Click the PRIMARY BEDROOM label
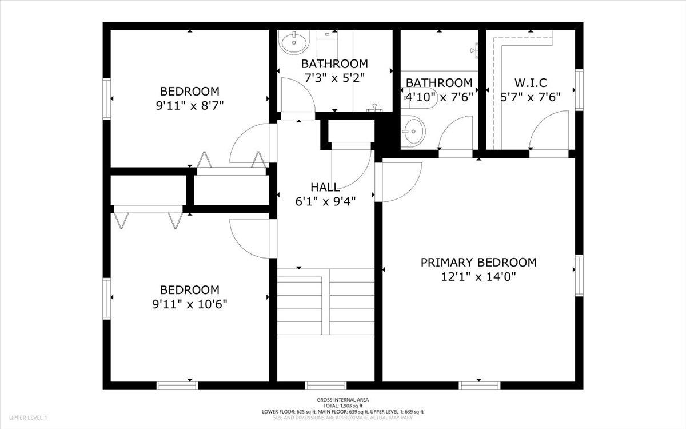click(478, 263)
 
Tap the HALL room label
click(325, 187)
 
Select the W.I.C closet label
click(531, 83)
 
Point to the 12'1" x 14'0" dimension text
click(478, 277)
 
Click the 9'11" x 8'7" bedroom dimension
click(190, 106)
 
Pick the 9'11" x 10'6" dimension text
click(190, 304)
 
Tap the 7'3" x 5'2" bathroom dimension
click(334, 78)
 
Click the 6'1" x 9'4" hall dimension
click(325, 201)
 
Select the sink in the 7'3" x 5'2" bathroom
click(294, 42)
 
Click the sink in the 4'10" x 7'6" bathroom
click(413, 132)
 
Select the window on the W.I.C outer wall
click(579, 90)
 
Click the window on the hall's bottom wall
click(325, 385)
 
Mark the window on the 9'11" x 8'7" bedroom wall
click(106, 98)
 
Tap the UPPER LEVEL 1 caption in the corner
click(28, 418)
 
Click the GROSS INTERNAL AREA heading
click(342, 400)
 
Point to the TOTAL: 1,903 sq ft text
click(342, 406)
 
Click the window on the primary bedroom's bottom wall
click(479, 385)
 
